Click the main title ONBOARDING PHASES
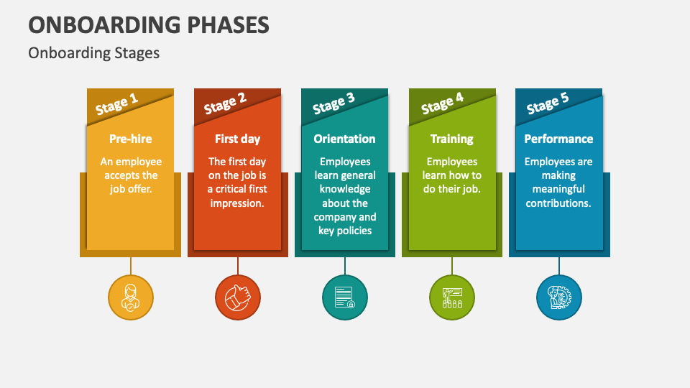coord(149,25)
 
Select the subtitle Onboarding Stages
coord(93,53)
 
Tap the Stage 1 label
coord(116,104)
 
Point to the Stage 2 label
coord(225,104)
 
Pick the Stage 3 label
coord(333,104)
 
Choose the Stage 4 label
coord(442,104)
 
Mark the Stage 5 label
coord(548,104)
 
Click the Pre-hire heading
coord(131,139)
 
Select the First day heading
coord(238,139)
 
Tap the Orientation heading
coord(344,139)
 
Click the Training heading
coord(452,139)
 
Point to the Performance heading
coord(558,139)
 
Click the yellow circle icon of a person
coord(131,297)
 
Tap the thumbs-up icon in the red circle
coord(238,297)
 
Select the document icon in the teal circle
coord(344,297)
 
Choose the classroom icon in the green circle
coord(452,297)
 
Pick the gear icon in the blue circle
coord(559,297)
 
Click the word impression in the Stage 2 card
coord(236,203)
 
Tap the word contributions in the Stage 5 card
coord(558,203)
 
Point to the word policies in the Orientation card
coord(354,231)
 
